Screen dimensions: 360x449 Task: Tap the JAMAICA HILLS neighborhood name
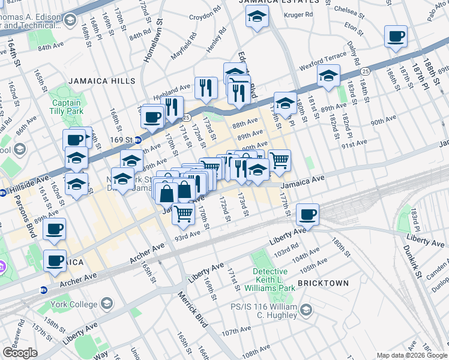[x=101, y=80]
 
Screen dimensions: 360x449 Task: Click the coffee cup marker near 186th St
[x=396, y=37]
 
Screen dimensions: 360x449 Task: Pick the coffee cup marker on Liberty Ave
[x=307, y=215]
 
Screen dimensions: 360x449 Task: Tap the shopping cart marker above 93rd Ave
[x=184, y=214]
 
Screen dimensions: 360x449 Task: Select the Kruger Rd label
[x=300, y=13]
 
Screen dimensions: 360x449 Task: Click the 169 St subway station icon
[x=137, y=140]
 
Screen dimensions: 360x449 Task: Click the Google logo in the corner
[x=20, y=353]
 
